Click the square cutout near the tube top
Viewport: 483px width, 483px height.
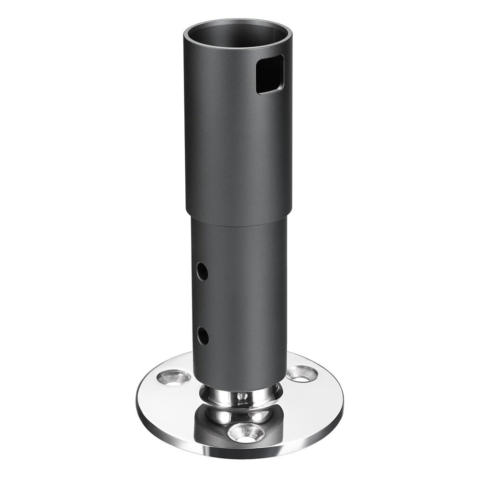pos(270,73)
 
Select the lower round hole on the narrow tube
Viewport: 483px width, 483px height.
pos(203,335)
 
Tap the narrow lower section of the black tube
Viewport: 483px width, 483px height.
pos(241,299)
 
